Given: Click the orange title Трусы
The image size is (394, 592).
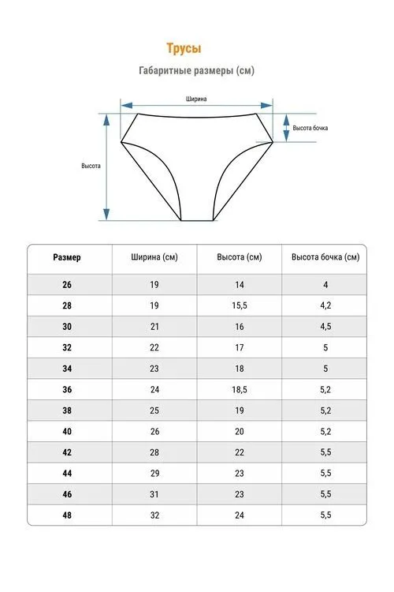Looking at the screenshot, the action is (184, 48).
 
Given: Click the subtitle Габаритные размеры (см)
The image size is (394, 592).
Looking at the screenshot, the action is (196, 70).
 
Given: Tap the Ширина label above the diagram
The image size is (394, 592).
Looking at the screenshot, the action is (196, 99).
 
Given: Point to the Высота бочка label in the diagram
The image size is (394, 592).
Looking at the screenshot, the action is (310, 128).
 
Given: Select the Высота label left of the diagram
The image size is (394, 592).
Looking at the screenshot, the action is (91, 166).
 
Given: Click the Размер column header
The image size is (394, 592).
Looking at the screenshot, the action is (67, 257).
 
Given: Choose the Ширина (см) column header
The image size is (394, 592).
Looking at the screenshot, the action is (154, 257).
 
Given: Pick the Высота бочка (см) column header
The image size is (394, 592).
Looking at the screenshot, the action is (325, 257).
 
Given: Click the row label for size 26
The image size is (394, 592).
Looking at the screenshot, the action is (67, 285).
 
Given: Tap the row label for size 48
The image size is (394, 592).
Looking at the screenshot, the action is (67, 515).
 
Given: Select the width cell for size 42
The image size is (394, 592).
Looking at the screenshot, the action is (154, 452).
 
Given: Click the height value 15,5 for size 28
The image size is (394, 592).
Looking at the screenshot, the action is (240, 305).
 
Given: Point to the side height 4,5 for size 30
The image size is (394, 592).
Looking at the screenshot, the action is (325, 327).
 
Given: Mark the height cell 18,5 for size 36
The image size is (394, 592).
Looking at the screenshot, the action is (240, 390).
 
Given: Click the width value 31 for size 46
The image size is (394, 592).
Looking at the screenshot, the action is (154, 494).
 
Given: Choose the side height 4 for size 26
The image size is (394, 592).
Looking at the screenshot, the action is (325, 285).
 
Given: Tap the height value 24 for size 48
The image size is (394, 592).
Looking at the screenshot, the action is (240, 515).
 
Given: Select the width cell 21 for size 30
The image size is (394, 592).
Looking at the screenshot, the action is (154, 327).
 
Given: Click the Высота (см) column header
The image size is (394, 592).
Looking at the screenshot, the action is (240, 257).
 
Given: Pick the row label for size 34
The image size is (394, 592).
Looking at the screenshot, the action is (67, 369).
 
